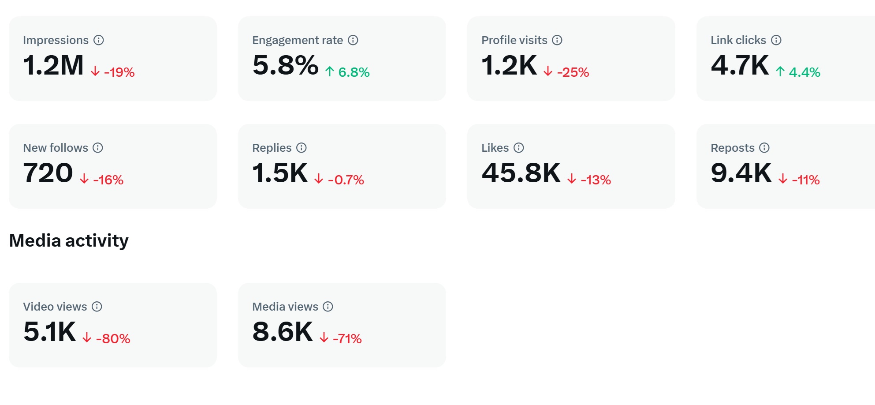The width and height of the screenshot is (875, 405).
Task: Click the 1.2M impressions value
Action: (x=53, y=66)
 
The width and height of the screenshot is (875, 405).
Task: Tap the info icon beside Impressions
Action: (x=99, y=40)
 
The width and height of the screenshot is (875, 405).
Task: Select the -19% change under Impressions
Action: (x=119, y=72)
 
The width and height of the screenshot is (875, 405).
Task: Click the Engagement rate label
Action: (x=298, y=40)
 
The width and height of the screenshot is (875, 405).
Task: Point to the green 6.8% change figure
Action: (x=354, y=72)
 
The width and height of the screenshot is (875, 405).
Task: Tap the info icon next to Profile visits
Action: (x=557, y=40)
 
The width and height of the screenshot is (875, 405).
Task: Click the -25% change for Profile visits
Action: (x=573, y=72)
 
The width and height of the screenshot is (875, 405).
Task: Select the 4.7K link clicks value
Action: (x=740, y=66)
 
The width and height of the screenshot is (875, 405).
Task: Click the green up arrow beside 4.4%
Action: (x=780, y=71)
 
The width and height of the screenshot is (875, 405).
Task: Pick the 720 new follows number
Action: (x=48, y=173)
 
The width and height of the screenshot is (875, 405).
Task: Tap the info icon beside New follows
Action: (x=98, y=148)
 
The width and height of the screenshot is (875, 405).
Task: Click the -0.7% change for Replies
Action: (x=346, y=180)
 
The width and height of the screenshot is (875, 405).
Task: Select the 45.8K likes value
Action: (x=521, y=173)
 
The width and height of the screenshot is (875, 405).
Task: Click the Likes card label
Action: (x=495, y=148)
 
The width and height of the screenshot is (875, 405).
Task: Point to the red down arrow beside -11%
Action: (x=783, y=179)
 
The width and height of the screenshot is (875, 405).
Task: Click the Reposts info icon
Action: (x=764, y=148)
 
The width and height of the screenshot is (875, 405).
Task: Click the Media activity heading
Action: (x=69, y=241)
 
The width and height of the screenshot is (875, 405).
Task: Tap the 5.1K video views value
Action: (x=49, y=332)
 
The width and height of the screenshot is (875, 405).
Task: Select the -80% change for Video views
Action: (x=113, y=339)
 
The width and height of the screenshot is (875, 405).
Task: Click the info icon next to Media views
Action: (x=328, y=307)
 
